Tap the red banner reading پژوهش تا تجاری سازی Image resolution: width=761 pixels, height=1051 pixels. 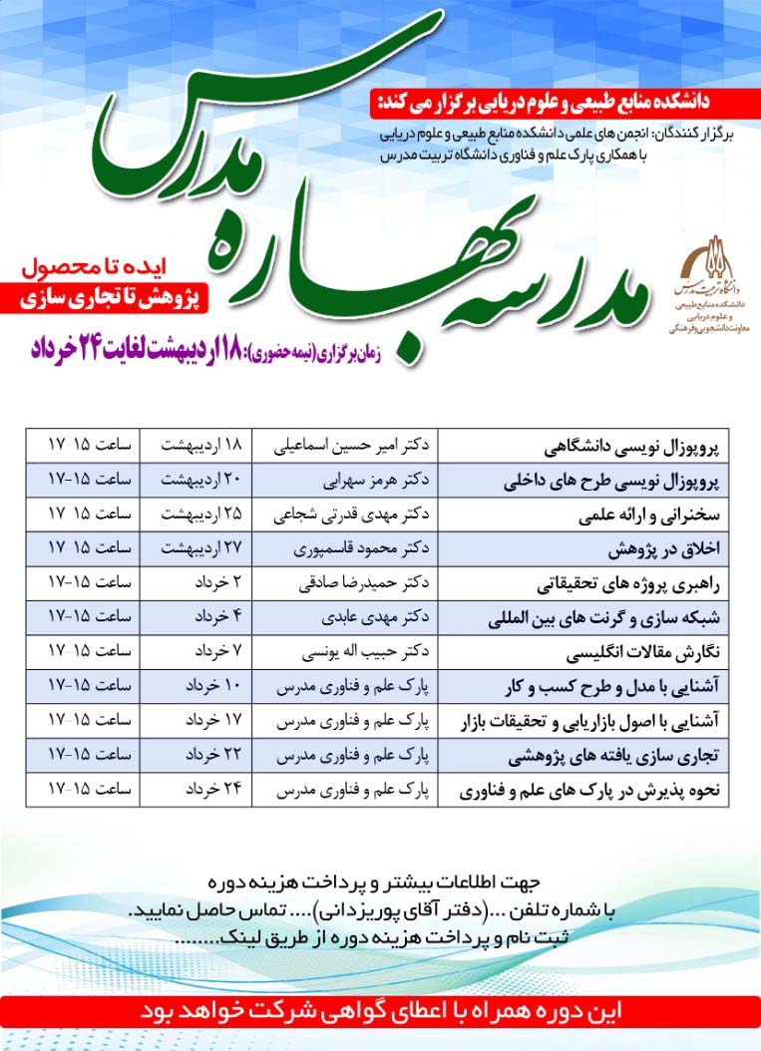tap(110, 298)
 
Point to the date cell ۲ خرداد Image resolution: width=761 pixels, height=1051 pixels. tap(205, 584)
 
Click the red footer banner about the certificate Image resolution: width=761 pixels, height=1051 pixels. tap(380, 1008)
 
